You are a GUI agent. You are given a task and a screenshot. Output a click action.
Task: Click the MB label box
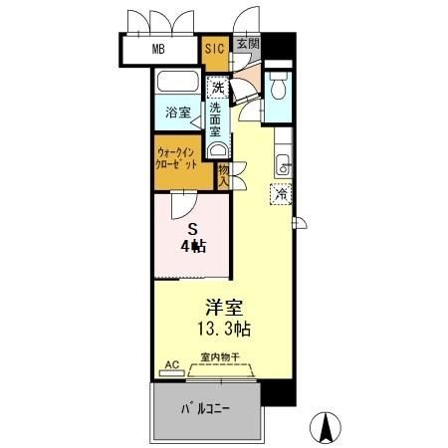click(158, 48)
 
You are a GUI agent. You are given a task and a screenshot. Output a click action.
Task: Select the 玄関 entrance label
click(248, 44)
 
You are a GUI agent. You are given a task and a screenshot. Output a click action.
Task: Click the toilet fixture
click(280, 90)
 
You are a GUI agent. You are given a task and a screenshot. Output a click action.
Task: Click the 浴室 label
click(177, 113)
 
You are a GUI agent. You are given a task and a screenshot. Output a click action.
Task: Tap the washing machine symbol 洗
click(216, 87)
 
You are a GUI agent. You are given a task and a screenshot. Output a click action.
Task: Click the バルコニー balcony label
click(207, 409)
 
